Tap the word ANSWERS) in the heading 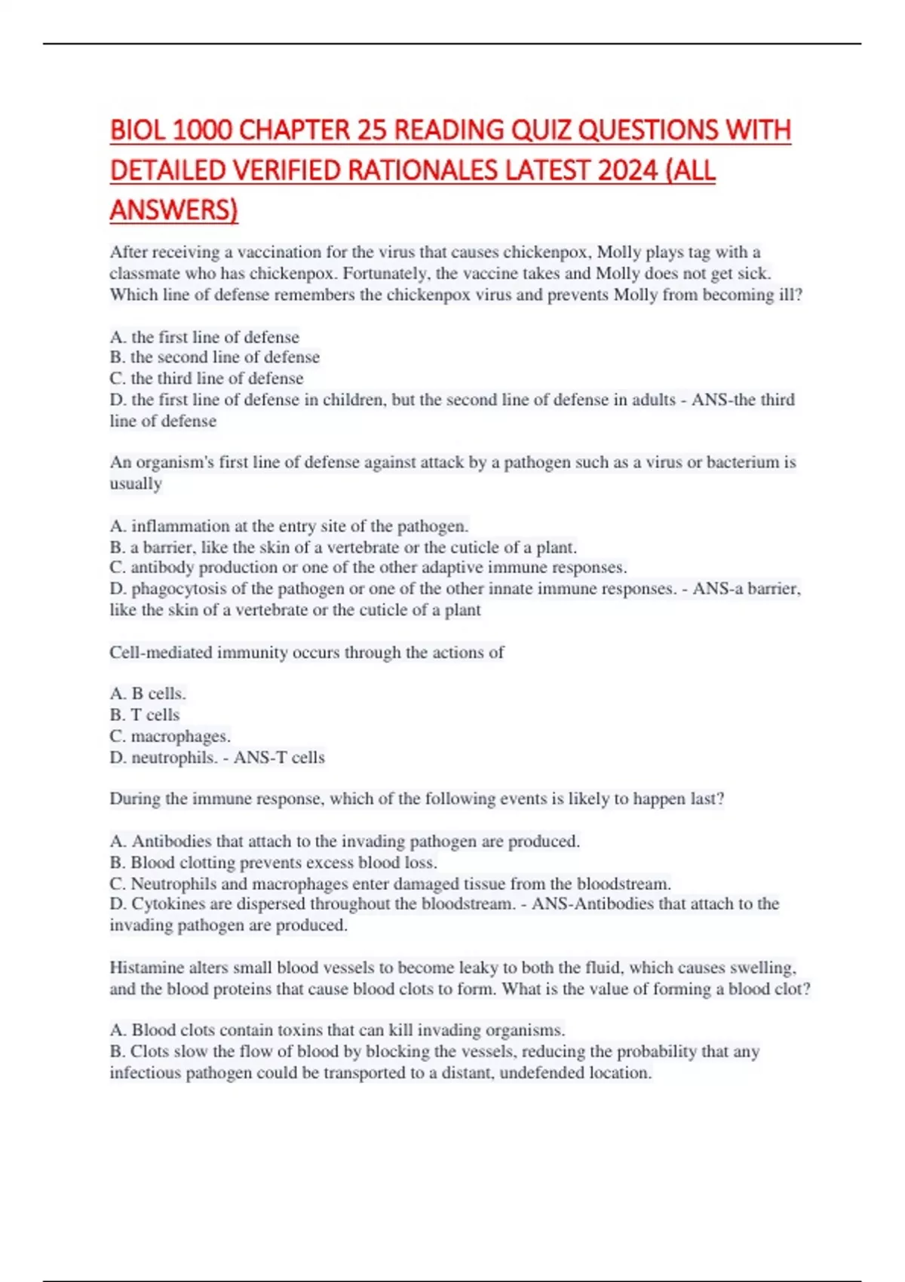pos(173,210)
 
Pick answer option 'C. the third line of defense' pos(207,379)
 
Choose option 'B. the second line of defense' pos(214,357)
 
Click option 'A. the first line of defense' pos(204,337)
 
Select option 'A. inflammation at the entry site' pos(289,526)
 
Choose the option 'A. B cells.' pos(148,694)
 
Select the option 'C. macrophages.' pos(170,736)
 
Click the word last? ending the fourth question pos(707,799)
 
